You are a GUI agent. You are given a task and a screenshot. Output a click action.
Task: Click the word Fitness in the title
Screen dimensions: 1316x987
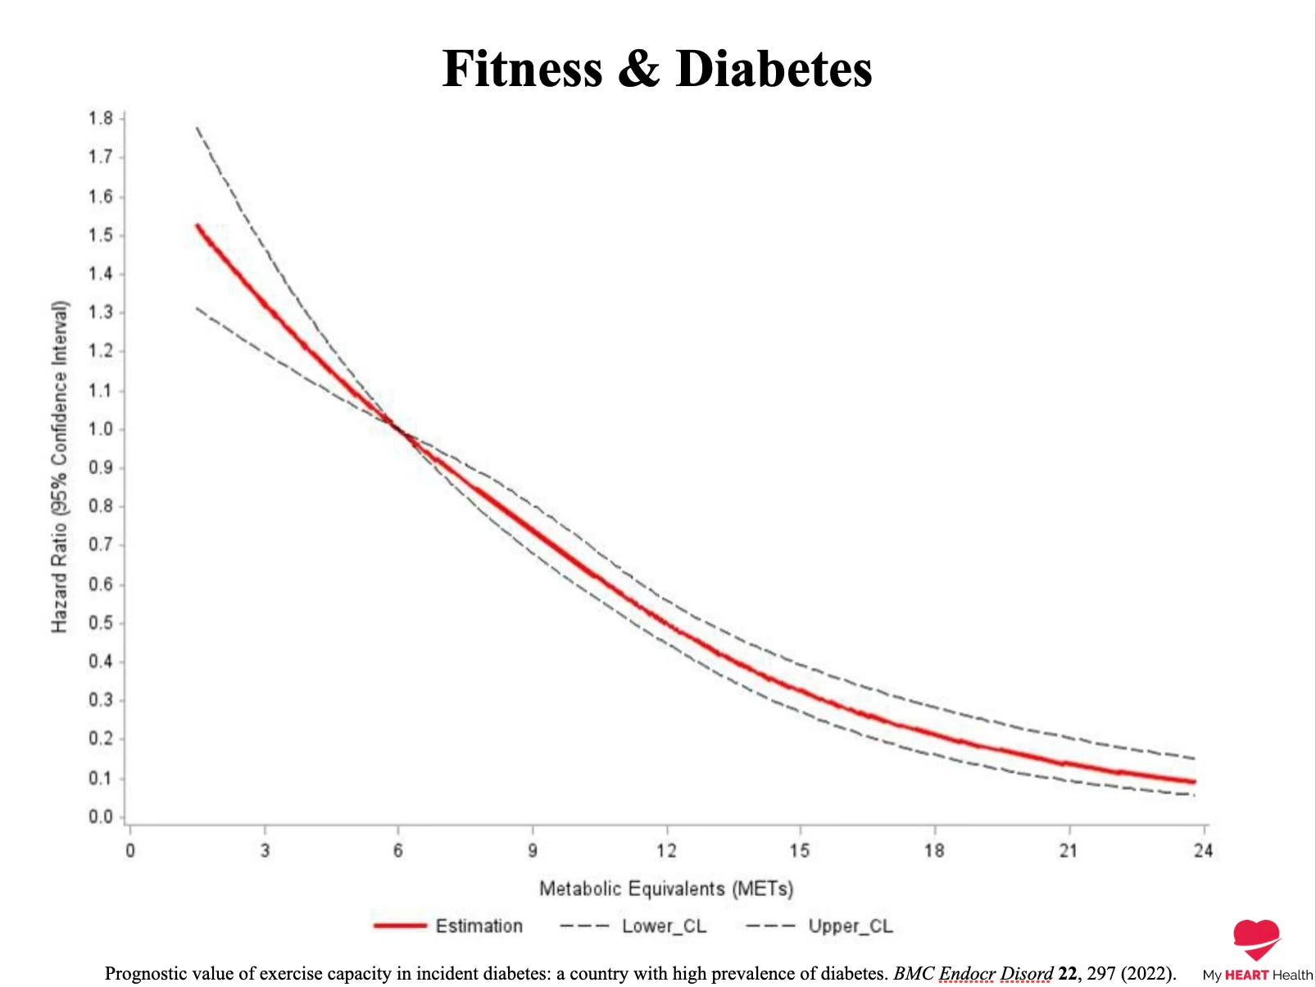coord(522,68)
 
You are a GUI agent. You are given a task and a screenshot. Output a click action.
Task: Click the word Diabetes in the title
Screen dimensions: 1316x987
coord(774,68)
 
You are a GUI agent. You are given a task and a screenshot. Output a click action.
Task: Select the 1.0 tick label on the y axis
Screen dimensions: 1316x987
coord(100,430)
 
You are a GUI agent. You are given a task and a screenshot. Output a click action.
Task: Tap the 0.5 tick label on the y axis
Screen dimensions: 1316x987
coord(100,623)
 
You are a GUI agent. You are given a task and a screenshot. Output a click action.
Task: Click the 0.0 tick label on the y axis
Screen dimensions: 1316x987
coord(100,816)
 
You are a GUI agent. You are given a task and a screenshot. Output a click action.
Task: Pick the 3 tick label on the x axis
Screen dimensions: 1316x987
coord(265,850)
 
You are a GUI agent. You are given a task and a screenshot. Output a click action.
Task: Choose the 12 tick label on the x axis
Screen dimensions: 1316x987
coord(666,850)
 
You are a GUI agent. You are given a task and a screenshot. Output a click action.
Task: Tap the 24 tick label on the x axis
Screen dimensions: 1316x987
coord(1203,850)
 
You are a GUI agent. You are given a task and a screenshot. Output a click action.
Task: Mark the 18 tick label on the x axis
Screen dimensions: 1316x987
coord(934,850)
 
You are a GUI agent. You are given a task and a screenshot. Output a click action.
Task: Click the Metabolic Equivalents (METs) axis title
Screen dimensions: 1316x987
coord(666,888)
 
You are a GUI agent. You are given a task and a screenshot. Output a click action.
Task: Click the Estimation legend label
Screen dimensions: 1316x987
coord(479,926)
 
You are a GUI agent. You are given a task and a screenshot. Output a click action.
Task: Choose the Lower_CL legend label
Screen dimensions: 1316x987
coord(665,926)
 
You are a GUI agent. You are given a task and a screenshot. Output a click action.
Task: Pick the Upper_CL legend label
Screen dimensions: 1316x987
coord(851,926)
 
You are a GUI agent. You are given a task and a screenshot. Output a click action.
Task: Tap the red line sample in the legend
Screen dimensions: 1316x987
coord(400,926)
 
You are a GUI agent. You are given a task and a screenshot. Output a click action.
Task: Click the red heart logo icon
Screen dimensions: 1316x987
coord(1256,939)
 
